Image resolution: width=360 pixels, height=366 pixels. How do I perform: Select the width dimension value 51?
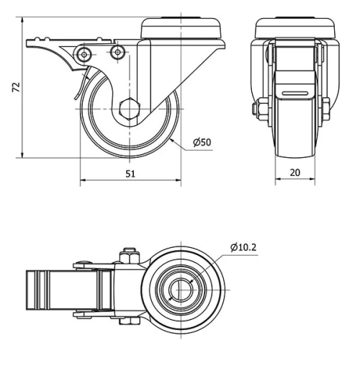click(x=130, y=172)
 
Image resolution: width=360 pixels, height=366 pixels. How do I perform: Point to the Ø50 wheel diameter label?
click(x=202, y=143)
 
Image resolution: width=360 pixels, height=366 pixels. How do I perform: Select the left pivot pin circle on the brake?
click(x=86, y=54)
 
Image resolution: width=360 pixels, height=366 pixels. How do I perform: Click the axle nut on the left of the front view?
click(x=257, y=110)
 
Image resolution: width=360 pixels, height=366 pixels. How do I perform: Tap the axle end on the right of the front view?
click(x=329, y=110)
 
